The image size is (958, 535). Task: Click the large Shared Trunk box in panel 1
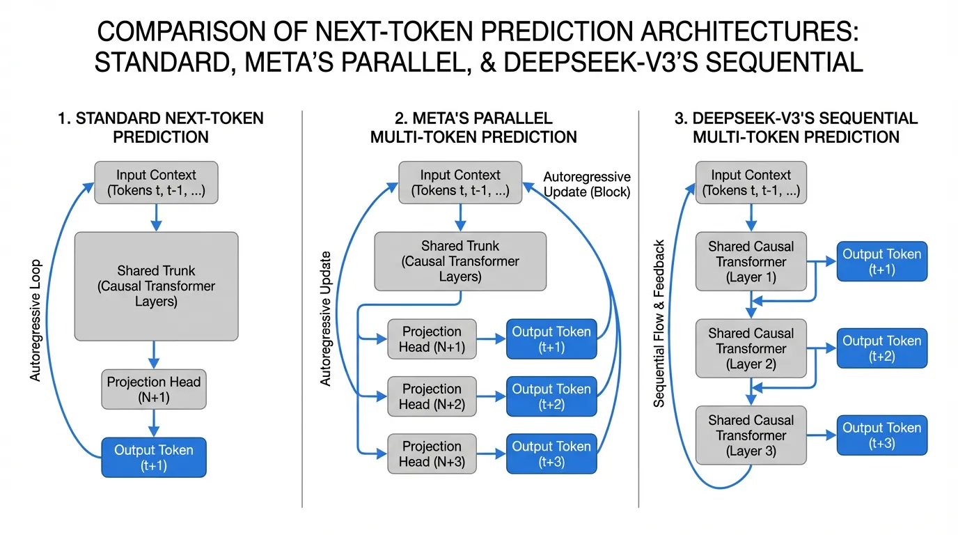pyautogui.click(x=156, y=286)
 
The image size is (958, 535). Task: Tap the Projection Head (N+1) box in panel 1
pyautogui.click(x=154, y=389)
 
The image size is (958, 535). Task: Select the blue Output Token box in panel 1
pyautogui.click(x=154, y=458)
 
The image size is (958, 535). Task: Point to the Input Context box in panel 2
pyautogui.click(x=460, y=183)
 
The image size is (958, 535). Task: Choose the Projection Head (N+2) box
pyautogui.click(x=432, y=396)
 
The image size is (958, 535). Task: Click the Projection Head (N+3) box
pyautogui.click(x=432, y=454)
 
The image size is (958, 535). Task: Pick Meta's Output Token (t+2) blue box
pyautogui.click(x=551, y=396)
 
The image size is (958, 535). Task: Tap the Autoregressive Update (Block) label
pyautogui.click(x=586, y=185)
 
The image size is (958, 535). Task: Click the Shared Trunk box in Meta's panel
pyautogui.click(x=460, y=262)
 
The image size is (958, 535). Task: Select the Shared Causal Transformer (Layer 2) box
pyautogui.click(x=751, y=348)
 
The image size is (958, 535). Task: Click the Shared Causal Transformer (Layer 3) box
pyautogui.click(x=751, y=435)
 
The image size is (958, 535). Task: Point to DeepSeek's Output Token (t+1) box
pyautogui.click(x=881, y=262)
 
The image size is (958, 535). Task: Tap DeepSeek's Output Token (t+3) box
pyautogui.click(x=881, y=435)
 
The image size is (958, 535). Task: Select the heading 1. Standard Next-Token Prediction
pyautogui.click(x=160, y=127)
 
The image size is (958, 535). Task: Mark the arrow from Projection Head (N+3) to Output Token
pyautogui.click(x=492, y=454)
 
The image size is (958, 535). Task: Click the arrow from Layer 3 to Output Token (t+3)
pyautogui.click(x=821, y=435)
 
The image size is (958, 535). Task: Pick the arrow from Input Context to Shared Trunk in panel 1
pyautogui.click(x=156, y=217)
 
